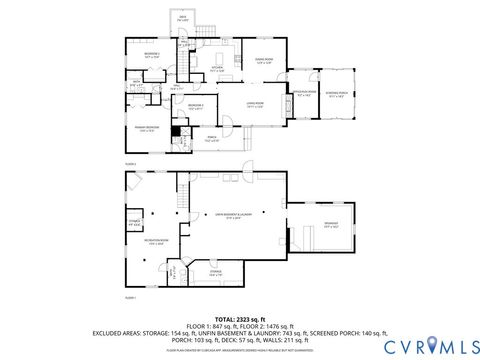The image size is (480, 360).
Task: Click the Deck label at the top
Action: click(211, 18)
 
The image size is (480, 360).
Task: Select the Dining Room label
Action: click(263, 62)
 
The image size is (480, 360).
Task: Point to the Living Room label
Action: click(255, 104)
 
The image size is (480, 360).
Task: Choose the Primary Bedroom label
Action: click(147, 128)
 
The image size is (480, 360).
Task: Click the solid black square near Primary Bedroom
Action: click(177, 130)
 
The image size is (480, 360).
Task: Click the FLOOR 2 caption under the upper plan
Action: click(130, 163)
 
